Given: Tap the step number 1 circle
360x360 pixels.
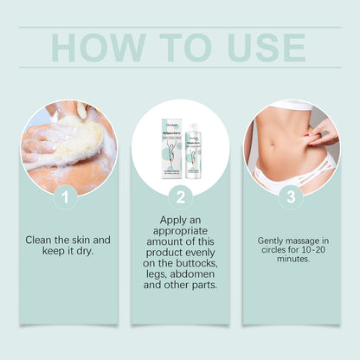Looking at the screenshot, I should click(66, 198).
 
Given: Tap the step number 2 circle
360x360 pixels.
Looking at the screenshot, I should click(180, 198).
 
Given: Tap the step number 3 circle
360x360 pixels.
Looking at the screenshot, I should click(292, 198).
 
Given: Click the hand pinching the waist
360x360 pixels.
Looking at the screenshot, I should click(322, 132).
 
